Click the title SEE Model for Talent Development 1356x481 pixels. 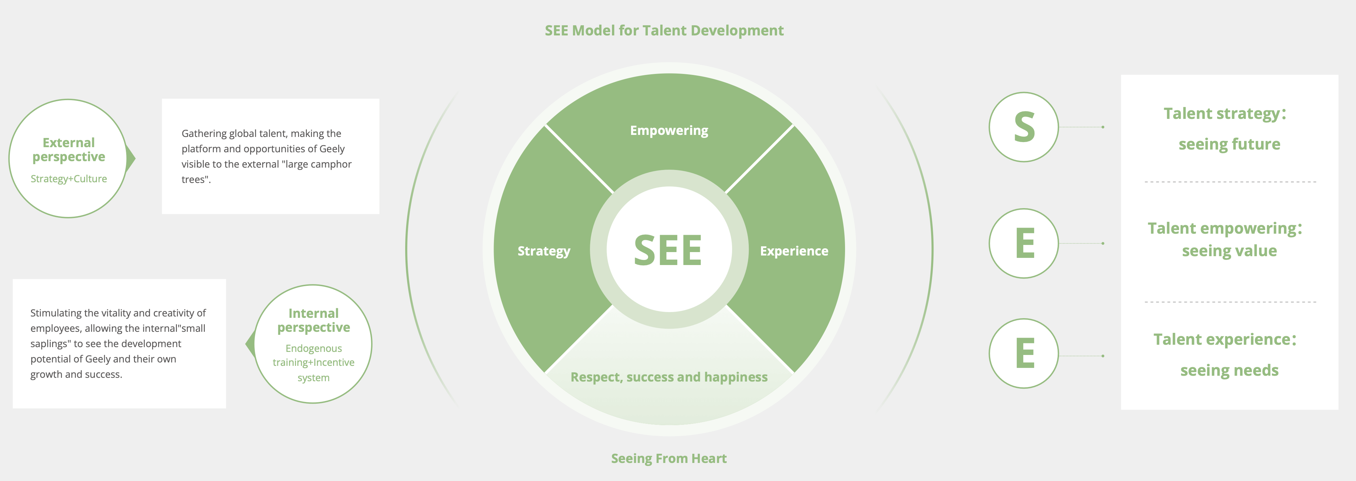664,31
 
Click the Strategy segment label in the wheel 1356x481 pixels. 543,251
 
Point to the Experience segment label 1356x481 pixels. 794,251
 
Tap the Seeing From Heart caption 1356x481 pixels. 668,458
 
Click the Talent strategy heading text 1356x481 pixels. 1224,114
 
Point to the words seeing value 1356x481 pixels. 1229,251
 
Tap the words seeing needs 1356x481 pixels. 1229,370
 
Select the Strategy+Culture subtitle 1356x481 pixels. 68,179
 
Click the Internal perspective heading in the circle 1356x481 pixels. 313,320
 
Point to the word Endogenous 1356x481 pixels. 313,348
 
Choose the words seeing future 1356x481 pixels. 1229,144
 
